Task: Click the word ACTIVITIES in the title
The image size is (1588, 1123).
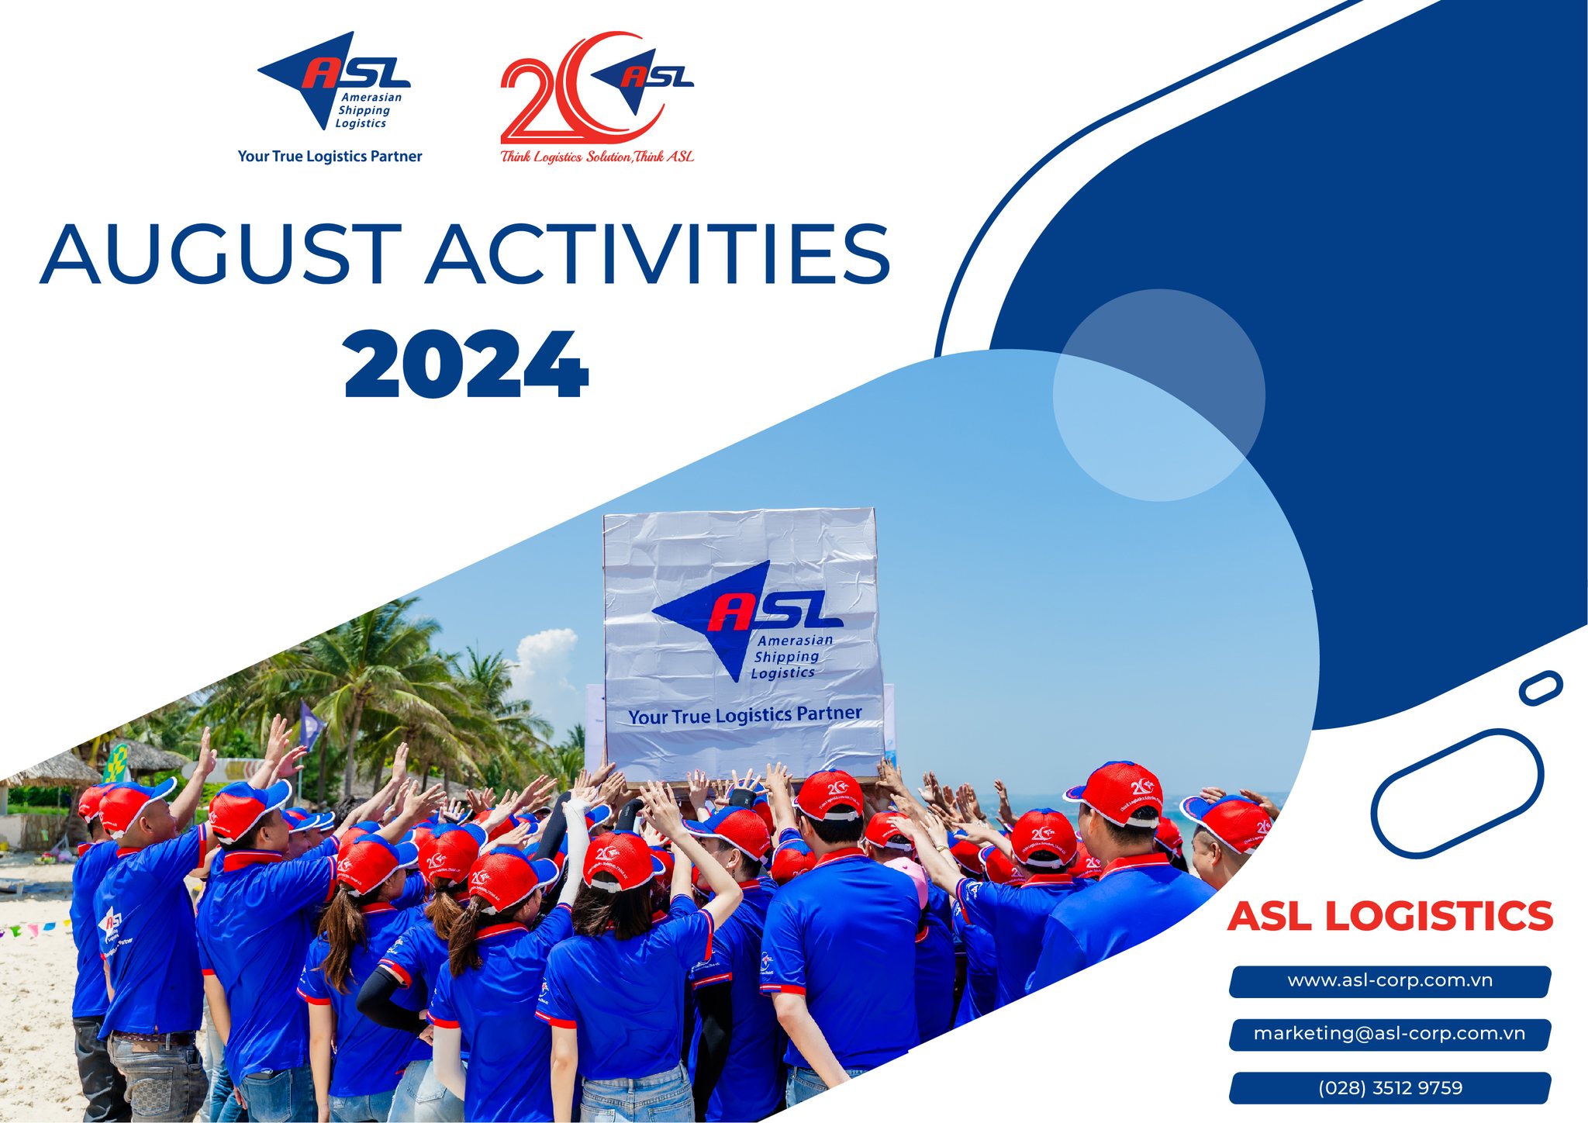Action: pyautogui.click(x=659, y=254)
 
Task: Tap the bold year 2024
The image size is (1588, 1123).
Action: pyautogui.click(x=465, y=365)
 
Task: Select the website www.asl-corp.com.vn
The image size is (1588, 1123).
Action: pyautogui.click(x=1389, y=981)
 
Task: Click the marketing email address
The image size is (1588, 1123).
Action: pyautogui.click(x=1389, y=1034)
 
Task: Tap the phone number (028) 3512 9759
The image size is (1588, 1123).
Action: pyautogui.click(x=1389, y=1087)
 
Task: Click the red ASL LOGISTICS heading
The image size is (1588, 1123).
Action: pyautogui.click(x=1389, y=917)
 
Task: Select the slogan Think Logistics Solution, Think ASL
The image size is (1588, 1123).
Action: pyautogui.click(x=596, y=157)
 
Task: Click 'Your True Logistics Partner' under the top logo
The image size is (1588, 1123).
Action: pyautogui.click(x=330, y=156)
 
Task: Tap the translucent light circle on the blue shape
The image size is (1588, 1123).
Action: pyautogui.click(x=1158, y=396)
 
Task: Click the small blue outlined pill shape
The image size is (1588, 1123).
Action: pyautogui.click(x=1540, y=688)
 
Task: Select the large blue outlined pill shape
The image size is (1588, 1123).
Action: pyautogui.click(x=1456, y=793)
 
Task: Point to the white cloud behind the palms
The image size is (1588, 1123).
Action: pyautogui.click(x=547, y=655)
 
